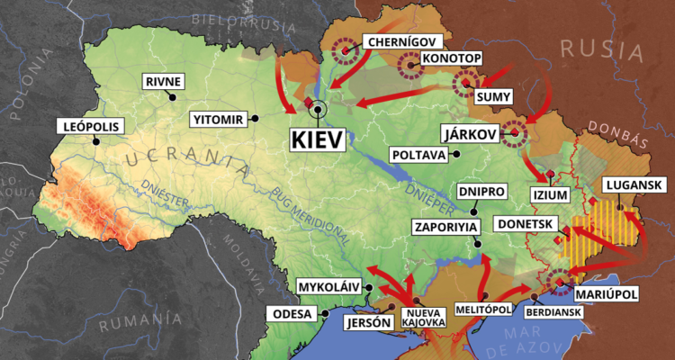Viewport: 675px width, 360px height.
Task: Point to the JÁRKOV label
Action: [468, 133]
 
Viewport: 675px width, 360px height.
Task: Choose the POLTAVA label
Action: [418, 155]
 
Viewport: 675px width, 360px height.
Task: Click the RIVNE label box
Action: [163, 82]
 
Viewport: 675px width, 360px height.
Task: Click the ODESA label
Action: [289, 314]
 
